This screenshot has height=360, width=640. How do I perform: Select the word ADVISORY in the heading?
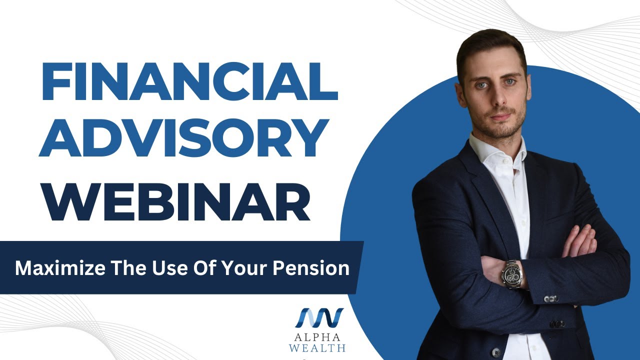pos(184,137)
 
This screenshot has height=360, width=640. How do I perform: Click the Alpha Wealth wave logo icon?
pos(319,318)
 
